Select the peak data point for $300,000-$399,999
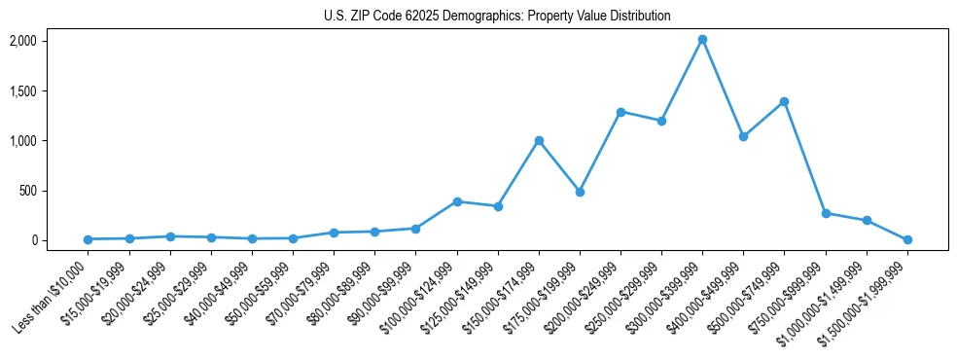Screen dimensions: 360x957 click(x=702, y=40)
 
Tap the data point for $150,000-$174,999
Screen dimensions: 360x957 click(x=539, y=140)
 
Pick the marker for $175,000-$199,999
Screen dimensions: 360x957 click(x=580, y=192)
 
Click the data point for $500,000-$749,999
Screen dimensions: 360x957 click(x=784, y=101)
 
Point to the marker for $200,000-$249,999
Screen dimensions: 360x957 click(x=620, y=112)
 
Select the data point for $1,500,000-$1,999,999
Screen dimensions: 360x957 click(x=907, y=239)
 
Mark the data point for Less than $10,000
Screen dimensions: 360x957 click(x=89, y=239)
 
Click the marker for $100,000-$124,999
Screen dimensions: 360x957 click(x=457, y=201)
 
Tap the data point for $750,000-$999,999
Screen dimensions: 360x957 click(x=826, y=213)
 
